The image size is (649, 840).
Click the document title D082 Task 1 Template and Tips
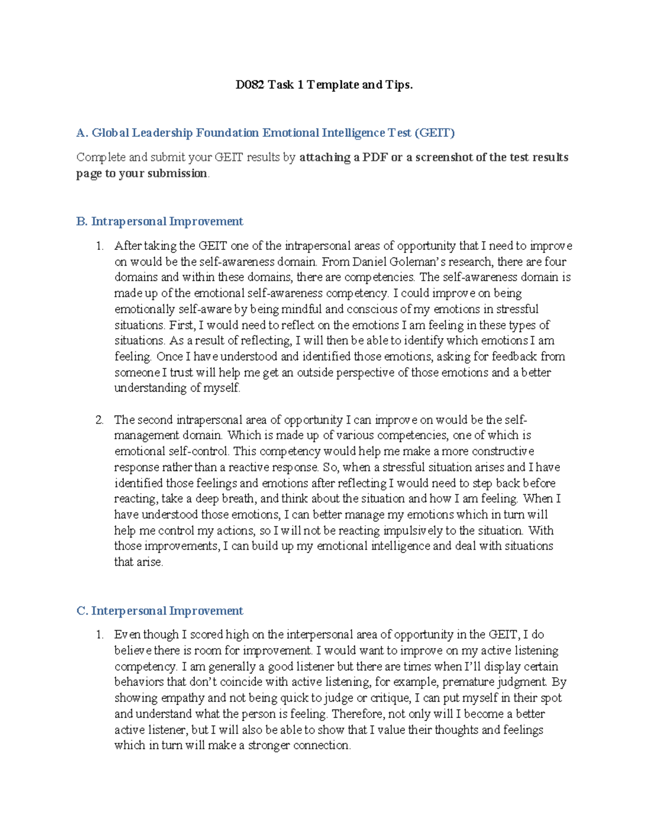click(x=324, y=85)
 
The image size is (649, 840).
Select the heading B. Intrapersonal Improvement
click(x=160, y=222)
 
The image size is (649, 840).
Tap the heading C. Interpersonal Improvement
click(x=160, y=611)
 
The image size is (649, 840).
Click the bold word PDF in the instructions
click(x=375, y=157)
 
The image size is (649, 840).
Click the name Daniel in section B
click(x=368, y=262)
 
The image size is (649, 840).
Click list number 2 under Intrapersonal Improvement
click(x=99, y=420)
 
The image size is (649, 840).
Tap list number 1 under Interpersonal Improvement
click(x=99, y=635)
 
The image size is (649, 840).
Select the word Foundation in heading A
click(x=227, y=133)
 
